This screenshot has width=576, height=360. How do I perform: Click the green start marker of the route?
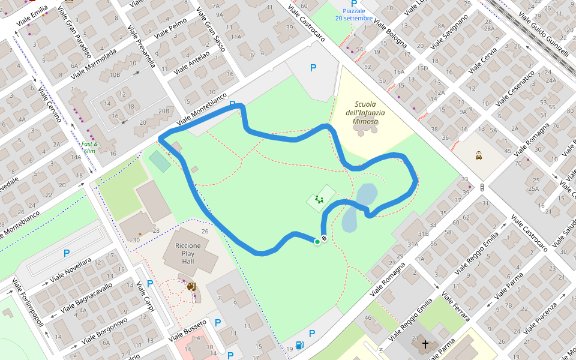pos(317,242)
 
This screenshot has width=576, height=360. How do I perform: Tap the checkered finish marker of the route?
pos(324,239)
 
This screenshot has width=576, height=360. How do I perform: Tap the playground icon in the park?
pos(319,199)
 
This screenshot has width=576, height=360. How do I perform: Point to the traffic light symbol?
pos(482,187)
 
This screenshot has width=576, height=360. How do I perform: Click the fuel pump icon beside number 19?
pos(300,345)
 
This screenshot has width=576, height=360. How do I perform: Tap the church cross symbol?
pos(425,344)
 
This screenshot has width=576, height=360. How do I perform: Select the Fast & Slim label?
pos(90,147)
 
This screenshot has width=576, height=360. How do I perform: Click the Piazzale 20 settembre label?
pos(354,14)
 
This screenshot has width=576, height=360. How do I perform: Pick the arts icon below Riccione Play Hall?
pos(191,287)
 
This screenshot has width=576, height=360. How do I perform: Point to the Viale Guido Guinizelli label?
pos(544,29)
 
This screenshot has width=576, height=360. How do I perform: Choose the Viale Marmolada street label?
pos(94,64)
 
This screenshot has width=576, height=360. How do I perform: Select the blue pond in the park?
pos(358,207)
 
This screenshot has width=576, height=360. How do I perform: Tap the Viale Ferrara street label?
pos(455,307)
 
